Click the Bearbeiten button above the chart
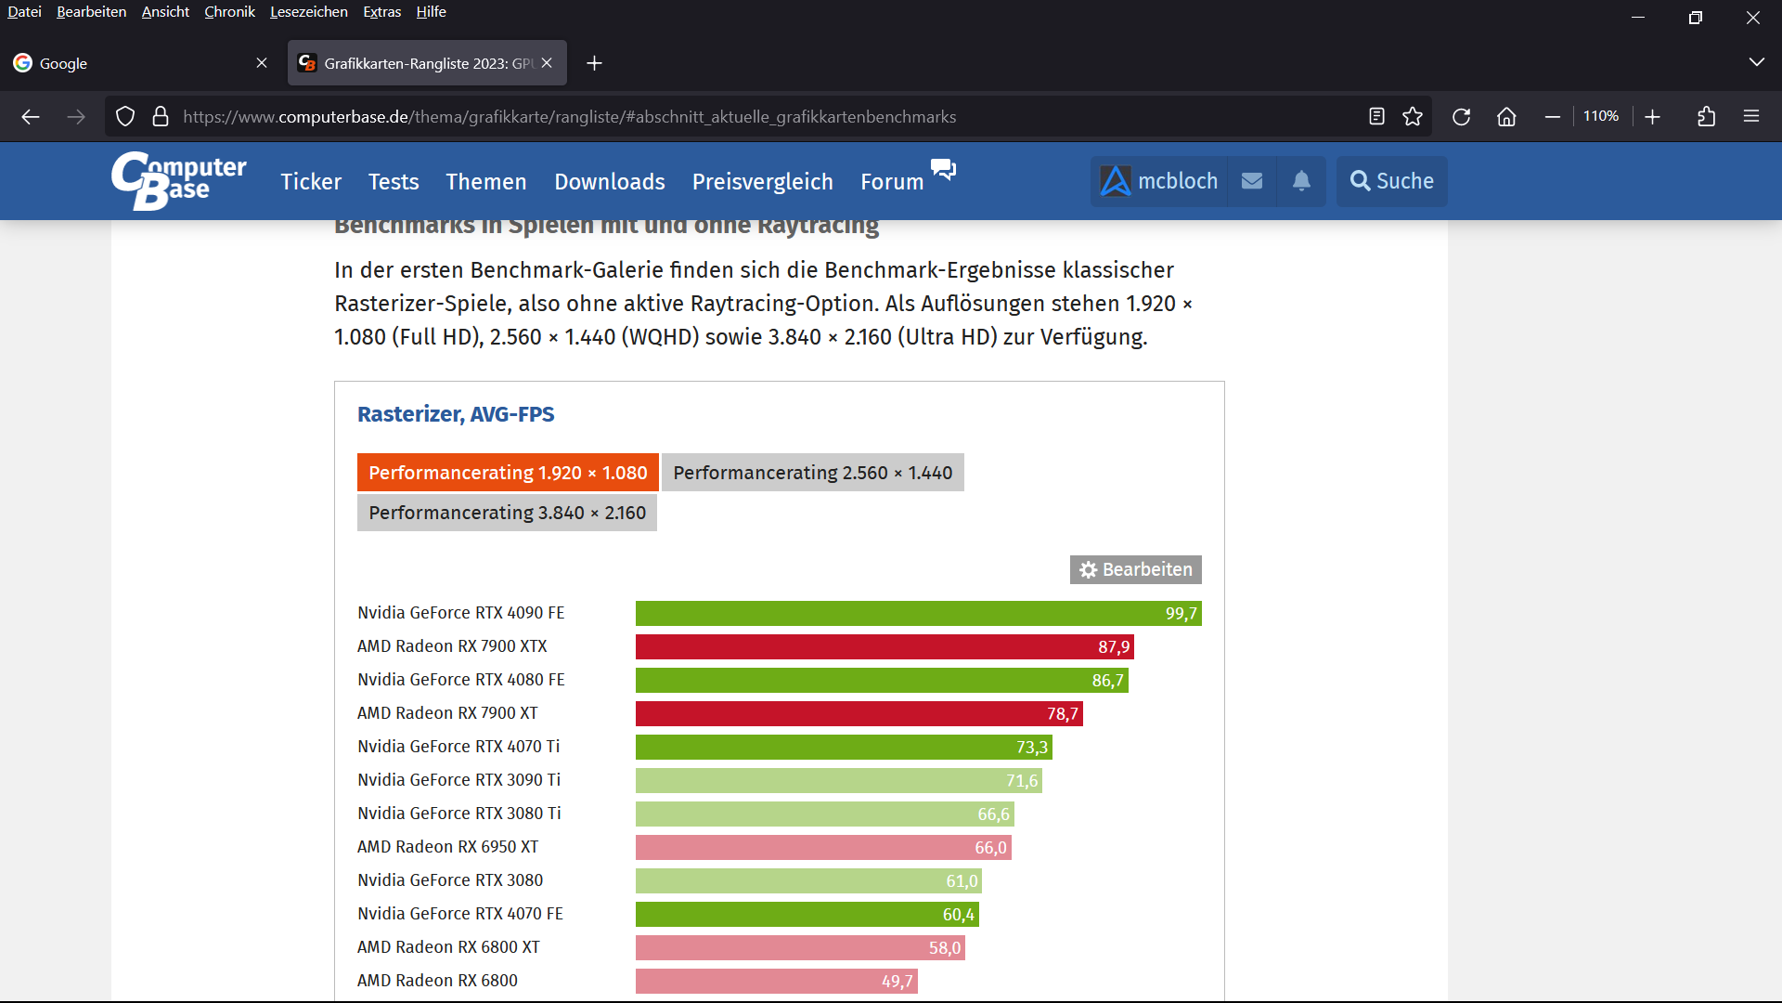(1135, 569)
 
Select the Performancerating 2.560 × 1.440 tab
(812, 473)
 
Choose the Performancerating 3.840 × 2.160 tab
(507, 513)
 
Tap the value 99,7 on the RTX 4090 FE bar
(1181, 614)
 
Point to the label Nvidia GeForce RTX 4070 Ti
(458, 747)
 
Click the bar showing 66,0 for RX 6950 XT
(822, 848)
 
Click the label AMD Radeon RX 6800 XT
(448, 947)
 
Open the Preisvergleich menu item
(762, 182)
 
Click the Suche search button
(1391, 181)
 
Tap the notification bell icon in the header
(1301, 181)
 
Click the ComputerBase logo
(178, 180)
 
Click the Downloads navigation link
(609, 182)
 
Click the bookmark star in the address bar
(1412, 117)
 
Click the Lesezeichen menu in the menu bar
(308, 12)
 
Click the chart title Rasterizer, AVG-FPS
(456, 414)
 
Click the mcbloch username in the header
(1177, 181)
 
